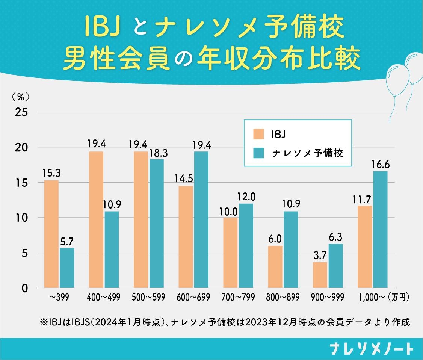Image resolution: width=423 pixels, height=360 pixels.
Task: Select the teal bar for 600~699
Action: pos(201,220)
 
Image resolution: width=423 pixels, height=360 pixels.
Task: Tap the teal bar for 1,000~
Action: pos(380,230)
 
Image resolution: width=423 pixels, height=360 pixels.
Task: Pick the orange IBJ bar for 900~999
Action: pos(320,275)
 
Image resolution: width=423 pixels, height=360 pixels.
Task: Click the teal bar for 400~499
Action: pos(112,250)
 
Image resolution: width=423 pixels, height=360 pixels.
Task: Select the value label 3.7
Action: pos(320,256)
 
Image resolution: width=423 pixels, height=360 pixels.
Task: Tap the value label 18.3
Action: pos(157,153)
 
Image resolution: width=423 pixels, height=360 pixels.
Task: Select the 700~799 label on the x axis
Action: pos(238,298)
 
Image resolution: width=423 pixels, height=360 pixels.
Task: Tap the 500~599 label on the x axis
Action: pos(148,298)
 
